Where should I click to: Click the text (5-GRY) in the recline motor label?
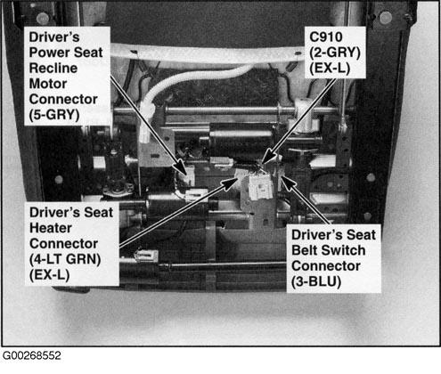54,115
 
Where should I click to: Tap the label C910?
326,37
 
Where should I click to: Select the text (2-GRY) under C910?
335,53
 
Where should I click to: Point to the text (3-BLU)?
316,281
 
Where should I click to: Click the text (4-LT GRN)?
65,259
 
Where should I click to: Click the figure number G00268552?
32,355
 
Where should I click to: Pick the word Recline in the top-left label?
53,69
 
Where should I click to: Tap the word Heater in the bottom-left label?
51,228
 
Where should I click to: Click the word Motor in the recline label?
48,84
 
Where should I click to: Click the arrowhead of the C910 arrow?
267,158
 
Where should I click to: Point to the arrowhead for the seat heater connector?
230,183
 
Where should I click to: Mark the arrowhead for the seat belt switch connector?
286,180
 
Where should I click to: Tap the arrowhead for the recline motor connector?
183,167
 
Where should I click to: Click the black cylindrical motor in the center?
240,142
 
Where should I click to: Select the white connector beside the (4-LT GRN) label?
146,255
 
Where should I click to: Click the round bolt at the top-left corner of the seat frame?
43,18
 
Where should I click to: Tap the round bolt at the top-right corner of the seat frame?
386,18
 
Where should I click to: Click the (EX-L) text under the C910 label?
330,69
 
